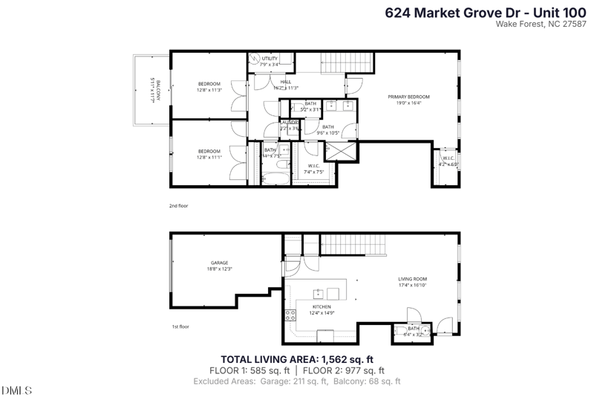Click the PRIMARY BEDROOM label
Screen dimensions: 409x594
click(x=408, y=97)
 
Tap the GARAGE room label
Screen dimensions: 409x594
click(x=219, y=263)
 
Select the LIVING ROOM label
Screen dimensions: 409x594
click(x=413, y=279)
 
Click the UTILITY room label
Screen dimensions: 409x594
click(x=269, y=58)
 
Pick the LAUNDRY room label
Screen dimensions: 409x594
click(x=289, y=122)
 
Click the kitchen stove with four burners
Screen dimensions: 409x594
click(x=290, y=315)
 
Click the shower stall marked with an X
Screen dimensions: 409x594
click(x=342, y=150)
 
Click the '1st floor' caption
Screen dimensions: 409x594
click(x=179, y=326)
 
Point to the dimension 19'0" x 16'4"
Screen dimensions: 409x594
click(x=408, y=103)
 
